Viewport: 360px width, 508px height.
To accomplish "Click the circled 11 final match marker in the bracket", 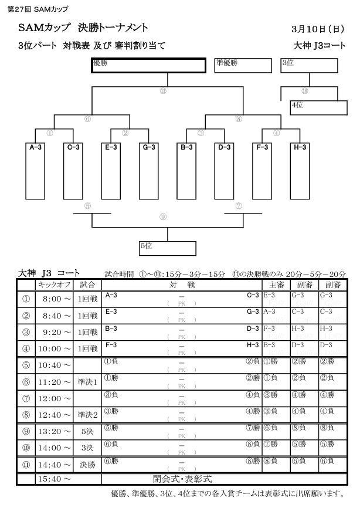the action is coord(163,91).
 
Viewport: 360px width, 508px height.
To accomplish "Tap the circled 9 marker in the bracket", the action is coord(163,217).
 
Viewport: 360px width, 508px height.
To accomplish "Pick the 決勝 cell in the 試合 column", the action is coord(87,465).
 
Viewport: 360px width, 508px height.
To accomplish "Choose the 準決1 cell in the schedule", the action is coord(87,382).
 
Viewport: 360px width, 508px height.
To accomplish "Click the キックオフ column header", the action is coord(54,285).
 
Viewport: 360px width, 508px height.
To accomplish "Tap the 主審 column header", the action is coord(277,285).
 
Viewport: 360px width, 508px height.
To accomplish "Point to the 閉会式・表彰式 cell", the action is coord(182,479).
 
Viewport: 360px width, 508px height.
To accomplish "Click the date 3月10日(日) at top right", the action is coord(318,29).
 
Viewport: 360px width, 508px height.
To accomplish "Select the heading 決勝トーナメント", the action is coord(113,28).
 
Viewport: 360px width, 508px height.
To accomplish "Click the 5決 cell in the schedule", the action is coord(87,432).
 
